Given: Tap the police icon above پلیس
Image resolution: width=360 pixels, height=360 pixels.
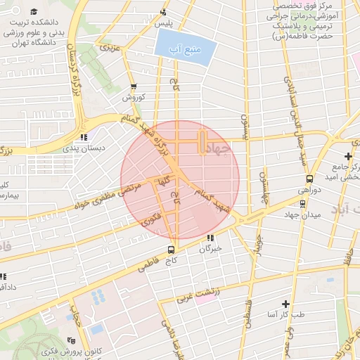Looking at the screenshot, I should (164, 11).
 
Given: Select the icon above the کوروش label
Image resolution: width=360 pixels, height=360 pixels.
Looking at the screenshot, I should (133, 86).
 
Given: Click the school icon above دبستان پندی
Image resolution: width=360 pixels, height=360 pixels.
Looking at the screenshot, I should (84, 137).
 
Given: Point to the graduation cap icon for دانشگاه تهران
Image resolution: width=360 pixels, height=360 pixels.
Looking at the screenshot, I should (33, 12).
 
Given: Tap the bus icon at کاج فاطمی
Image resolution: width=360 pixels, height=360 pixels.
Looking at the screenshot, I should (172, 250).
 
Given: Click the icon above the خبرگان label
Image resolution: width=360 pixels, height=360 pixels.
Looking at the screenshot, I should (210, 238).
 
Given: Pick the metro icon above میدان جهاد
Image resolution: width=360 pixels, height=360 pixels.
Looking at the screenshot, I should (303, 203).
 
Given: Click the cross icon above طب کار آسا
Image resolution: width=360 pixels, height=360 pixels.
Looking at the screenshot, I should (285, 304).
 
